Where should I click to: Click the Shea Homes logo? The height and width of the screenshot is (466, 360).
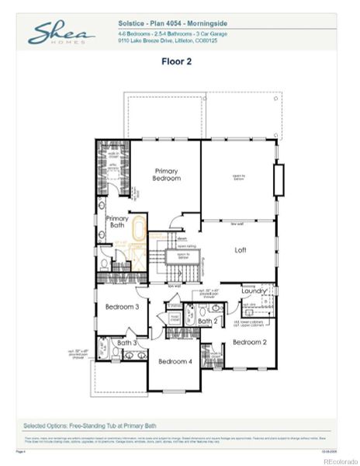pos(61,33)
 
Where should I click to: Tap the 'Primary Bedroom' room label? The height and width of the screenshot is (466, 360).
pos(167,174)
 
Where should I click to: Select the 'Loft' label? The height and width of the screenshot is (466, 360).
pos(241,250)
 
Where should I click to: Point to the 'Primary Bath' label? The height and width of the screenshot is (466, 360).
pos(117,221)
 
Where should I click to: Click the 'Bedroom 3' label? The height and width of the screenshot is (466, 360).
pos(122,307)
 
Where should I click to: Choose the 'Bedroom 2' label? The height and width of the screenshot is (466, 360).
pos(249,342)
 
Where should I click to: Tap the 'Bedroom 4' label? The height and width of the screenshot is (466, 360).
pos(175,361)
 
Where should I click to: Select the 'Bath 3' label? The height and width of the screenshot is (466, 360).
pos(127,342)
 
